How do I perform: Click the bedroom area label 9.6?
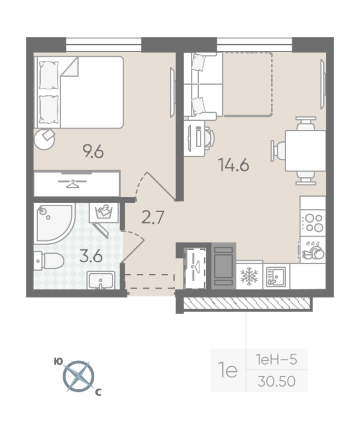coord(93,151)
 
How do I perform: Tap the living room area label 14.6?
coord(233,165)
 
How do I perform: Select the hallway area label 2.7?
coord(152,217)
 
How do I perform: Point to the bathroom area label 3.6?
coord(91,256)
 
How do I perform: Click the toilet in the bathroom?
coord(48,261)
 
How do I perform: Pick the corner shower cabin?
coord(54,223)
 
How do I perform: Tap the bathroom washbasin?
coord(101,280)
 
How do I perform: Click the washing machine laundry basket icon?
coord(104,213)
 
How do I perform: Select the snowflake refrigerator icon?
coord(249,276)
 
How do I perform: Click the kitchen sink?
coord(276,276)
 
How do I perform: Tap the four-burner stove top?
coord(313,223)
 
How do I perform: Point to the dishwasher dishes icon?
coord(313,250)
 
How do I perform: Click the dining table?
coord(305,151)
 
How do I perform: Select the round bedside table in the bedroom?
coord(44,139)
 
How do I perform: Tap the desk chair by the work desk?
coord(209,138)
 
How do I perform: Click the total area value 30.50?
coord(276,381)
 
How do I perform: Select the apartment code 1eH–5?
coord(276,360)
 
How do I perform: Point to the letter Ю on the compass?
coord(58,361)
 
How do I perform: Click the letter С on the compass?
coord(99,392)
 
